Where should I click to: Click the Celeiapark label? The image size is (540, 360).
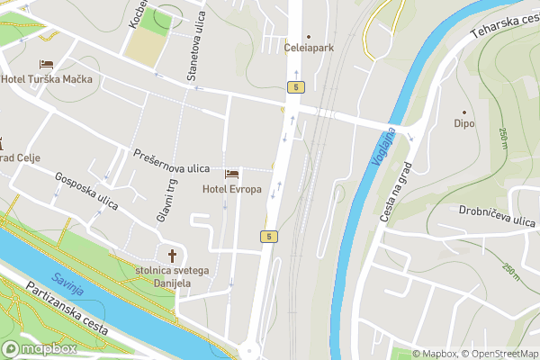[309, 45]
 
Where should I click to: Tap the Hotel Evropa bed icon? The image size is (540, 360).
[232, 173]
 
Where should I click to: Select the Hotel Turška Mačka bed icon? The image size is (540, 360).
[46, 65]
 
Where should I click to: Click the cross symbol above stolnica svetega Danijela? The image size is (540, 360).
[173, 255]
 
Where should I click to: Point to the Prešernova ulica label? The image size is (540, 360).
[172, 161]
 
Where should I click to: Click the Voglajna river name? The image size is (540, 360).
[382, 148]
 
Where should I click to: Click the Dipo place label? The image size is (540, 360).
[464, 122]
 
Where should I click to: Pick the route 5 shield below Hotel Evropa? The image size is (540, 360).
[268, 236]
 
